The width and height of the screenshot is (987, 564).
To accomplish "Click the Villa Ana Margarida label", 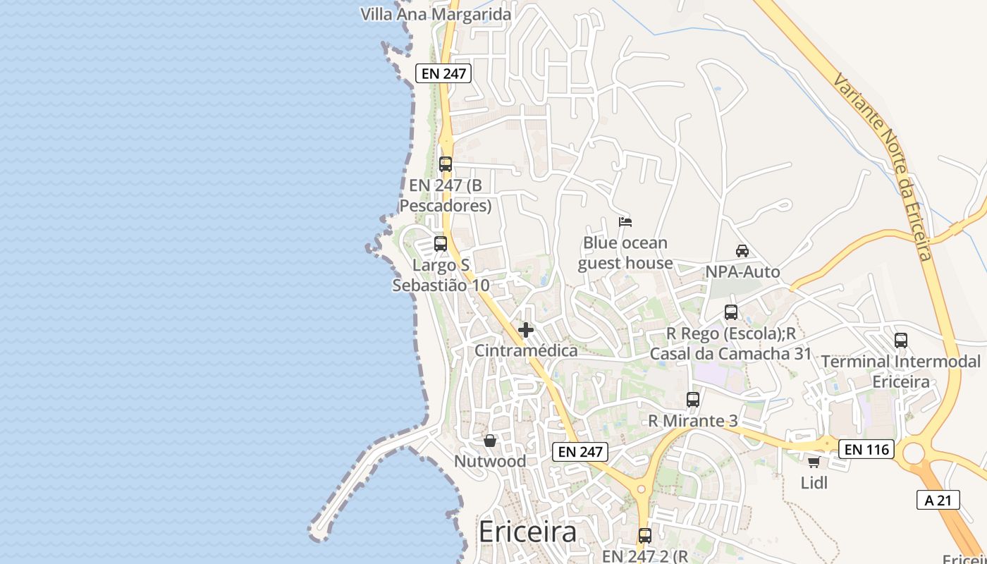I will pos(436,14).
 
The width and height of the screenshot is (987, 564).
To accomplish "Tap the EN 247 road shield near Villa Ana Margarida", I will pos(443,73).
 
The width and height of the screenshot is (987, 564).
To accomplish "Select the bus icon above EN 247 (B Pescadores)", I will pos(445,164).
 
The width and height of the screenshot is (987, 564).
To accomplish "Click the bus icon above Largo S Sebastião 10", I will pos(441,244).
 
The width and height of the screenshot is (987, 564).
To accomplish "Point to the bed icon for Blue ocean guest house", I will pos(625,221).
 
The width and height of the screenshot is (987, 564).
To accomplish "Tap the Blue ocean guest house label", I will pos(625,253).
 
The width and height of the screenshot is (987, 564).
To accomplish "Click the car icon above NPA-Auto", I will pos(742,250).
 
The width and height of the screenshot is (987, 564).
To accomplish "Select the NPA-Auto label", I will pos(742,272).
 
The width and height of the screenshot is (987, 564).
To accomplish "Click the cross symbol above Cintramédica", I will pos(525,329).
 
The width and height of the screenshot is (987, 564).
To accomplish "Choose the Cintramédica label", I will pos(526,350).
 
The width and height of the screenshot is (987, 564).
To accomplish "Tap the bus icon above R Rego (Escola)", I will pos(731,312).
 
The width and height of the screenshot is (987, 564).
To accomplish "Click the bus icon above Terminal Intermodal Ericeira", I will pos(901,340).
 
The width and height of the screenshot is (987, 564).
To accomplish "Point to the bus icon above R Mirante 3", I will pos(693,400).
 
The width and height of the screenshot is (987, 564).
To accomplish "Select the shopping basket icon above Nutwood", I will pos(490,441).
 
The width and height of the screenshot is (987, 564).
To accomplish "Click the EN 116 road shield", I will pos(866,448).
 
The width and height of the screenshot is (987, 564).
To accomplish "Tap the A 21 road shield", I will pos(938,500).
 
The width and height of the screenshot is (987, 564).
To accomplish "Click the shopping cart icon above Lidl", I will pos(814,462).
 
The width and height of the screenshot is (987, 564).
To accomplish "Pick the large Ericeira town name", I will pos(527,532).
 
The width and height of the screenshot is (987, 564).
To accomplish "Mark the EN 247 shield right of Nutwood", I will pos(580,452).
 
